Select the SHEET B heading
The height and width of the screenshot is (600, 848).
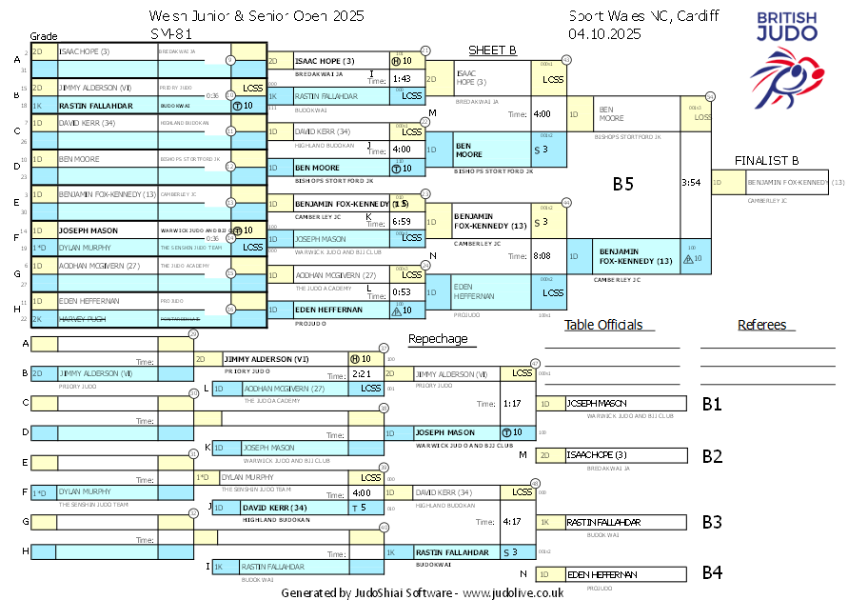tap(492, 50)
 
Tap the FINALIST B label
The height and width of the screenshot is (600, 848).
tap(766, 160)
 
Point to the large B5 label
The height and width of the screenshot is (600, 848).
tap(623, 184)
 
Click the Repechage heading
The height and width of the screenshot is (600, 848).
tap(438, 339)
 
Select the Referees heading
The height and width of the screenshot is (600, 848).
tap(761, 325)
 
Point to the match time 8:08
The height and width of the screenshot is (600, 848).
tap(542, 255)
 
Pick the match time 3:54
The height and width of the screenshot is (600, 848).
tap(691, 182)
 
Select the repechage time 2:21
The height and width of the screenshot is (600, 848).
tap(361, 374)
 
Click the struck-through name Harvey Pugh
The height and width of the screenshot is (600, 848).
tap(85, 319)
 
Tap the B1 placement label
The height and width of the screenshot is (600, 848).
tap(712, 404)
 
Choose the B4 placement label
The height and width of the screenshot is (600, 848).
tap(712, 573)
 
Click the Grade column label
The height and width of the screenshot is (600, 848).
tap(44, 36)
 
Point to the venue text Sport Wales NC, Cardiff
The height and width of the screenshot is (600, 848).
tap(643, 15)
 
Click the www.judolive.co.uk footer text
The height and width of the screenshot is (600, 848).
tap(513, 592)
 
